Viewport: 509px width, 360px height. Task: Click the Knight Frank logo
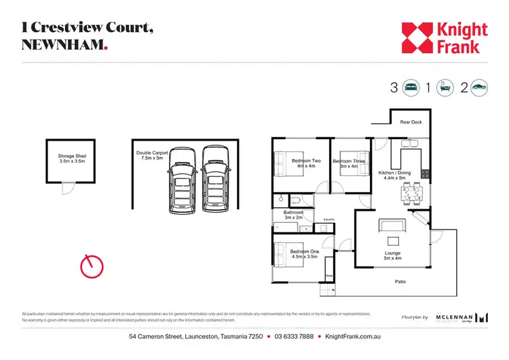(x=444, y=37)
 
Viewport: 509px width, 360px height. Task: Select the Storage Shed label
(x=72, y=159)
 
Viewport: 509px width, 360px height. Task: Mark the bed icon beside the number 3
(x=411, y=87)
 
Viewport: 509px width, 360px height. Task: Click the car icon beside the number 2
(x=480, y=87)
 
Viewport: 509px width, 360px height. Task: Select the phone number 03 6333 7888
(x=295, y=337)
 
